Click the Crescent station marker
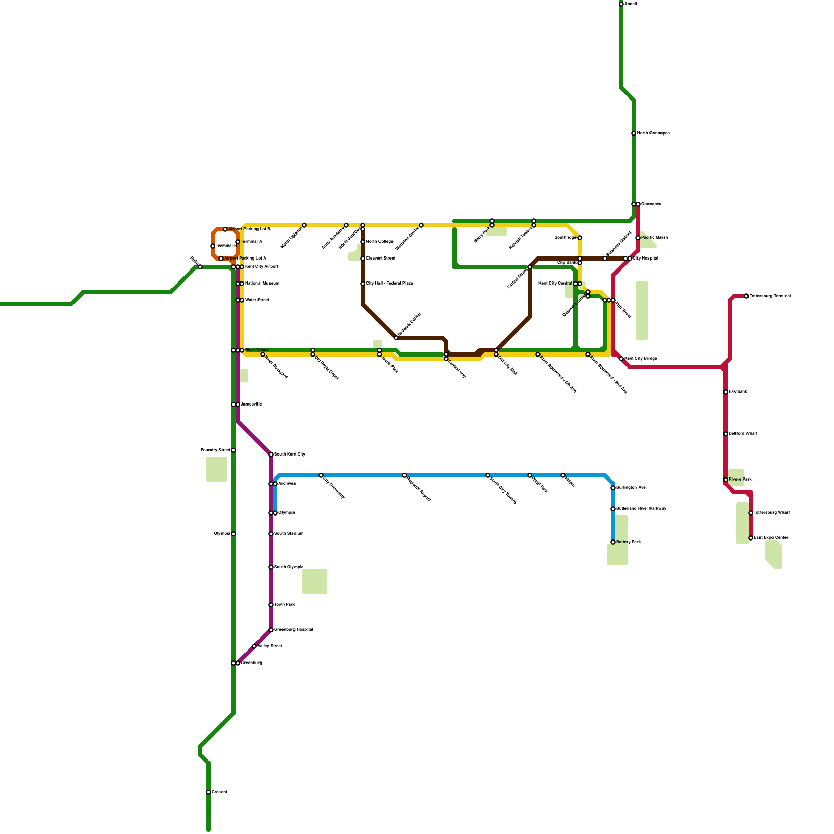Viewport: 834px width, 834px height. point(208,792)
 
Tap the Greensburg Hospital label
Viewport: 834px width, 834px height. point(293,630)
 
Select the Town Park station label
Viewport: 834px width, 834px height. point(285,605)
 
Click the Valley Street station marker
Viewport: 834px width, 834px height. point(254,646)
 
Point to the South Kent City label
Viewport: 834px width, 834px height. point(290,455)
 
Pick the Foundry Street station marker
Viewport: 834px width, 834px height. point(234,450)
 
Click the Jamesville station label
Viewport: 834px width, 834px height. point(251,404)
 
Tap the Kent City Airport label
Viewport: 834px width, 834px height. point(262,267)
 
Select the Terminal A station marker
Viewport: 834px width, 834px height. point(238,242)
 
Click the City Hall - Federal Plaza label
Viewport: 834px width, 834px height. point(389,284)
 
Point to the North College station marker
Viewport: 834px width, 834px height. point(363,242)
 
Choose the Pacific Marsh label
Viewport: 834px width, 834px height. point(654,238)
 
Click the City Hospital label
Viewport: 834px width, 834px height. point(646,259)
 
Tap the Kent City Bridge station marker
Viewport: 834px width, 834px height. point(621,359)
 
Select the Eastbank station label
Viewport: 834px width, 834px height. point(738,392)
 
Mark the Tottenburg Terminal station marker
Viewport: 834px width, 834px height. point(746,296)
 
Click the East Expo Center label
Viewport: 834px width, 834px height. point(771,538)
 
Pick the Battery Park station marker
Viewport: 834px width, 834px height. point(613,542)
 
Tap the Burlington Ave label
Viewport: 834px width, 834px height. point(631,488)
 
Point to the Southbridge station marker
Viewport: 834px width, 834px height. point(580,238)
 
